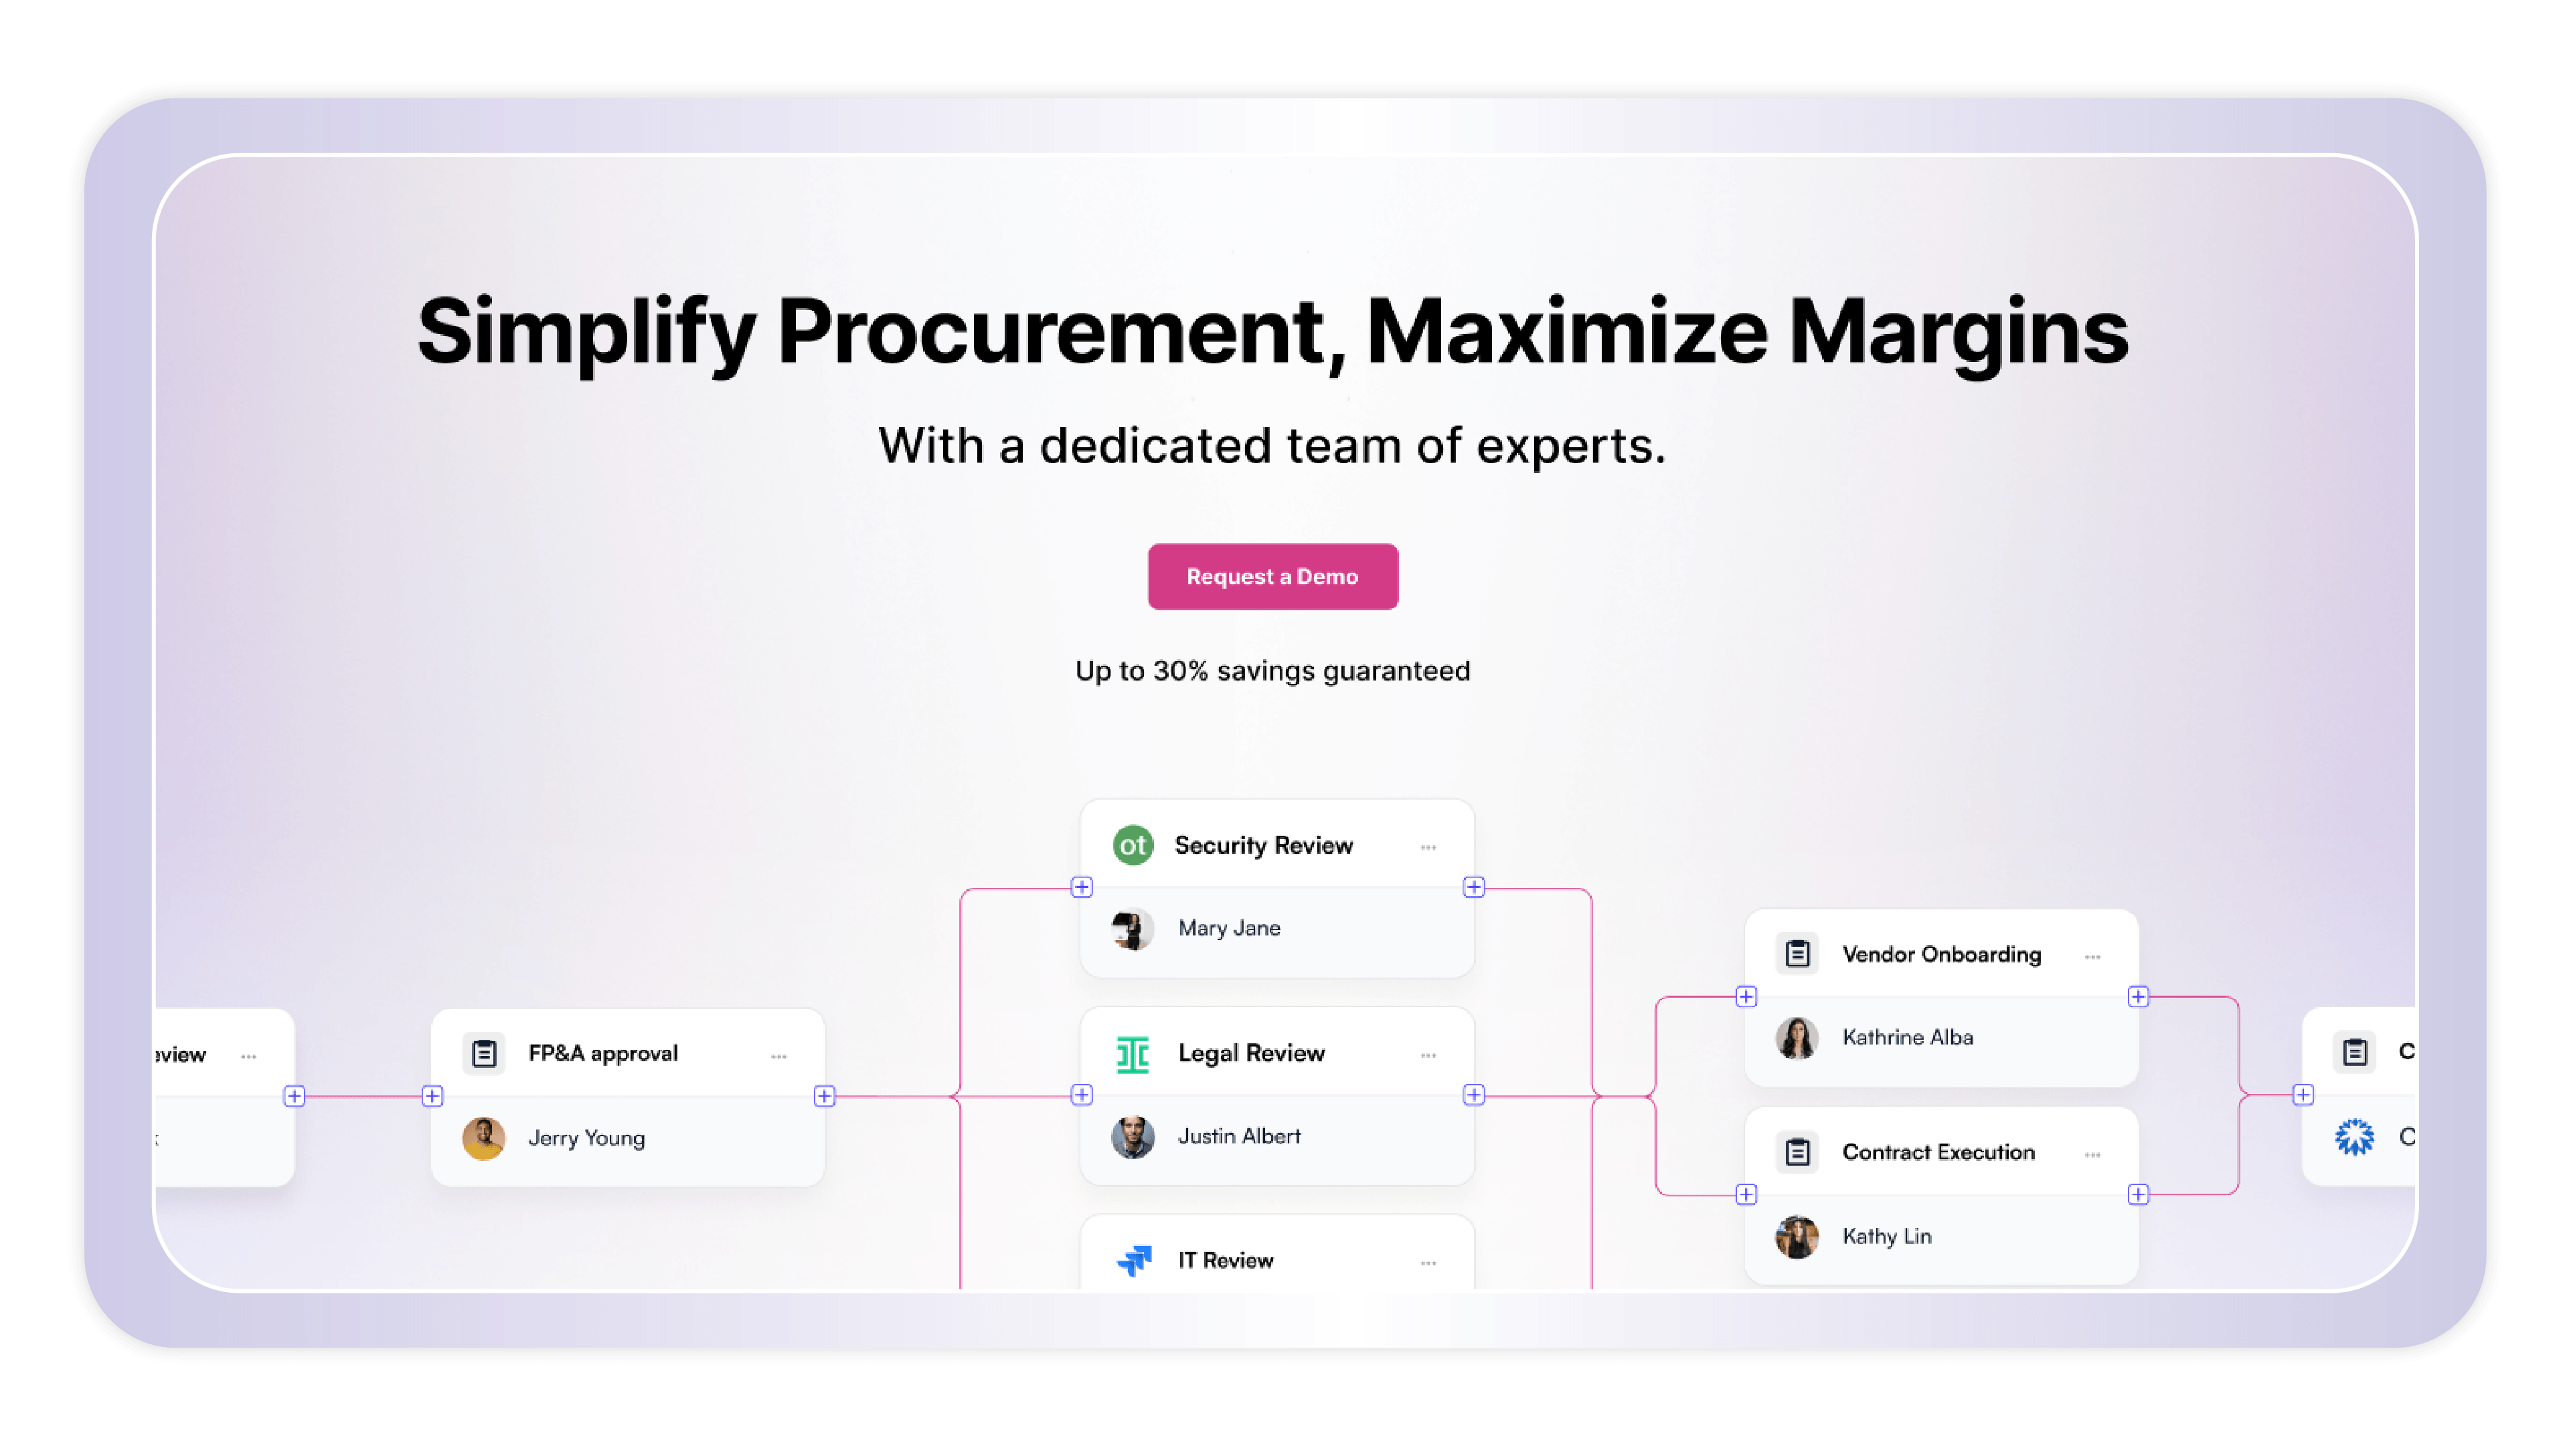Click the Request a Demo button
[1272, 577]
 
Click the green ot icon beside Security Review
[1133, 845]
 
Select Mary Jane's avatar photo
[1133, 929]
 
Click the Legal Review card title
[1252, 1053]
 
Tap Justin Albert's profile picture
[1133, 1137]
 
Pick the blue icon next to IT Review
[1134, 1261]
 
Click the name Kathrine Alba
[1907, 1038]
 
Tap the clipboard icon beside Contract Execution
[1797, 1153]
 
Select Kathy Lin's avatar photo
[1797, 1237]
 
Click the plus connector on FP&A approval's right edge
[825, 1097]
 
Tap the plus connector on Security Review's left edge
[1082, 887]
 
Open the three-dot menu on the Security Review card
[1428, 847]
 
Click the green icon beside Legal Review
[1133, 1055]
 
